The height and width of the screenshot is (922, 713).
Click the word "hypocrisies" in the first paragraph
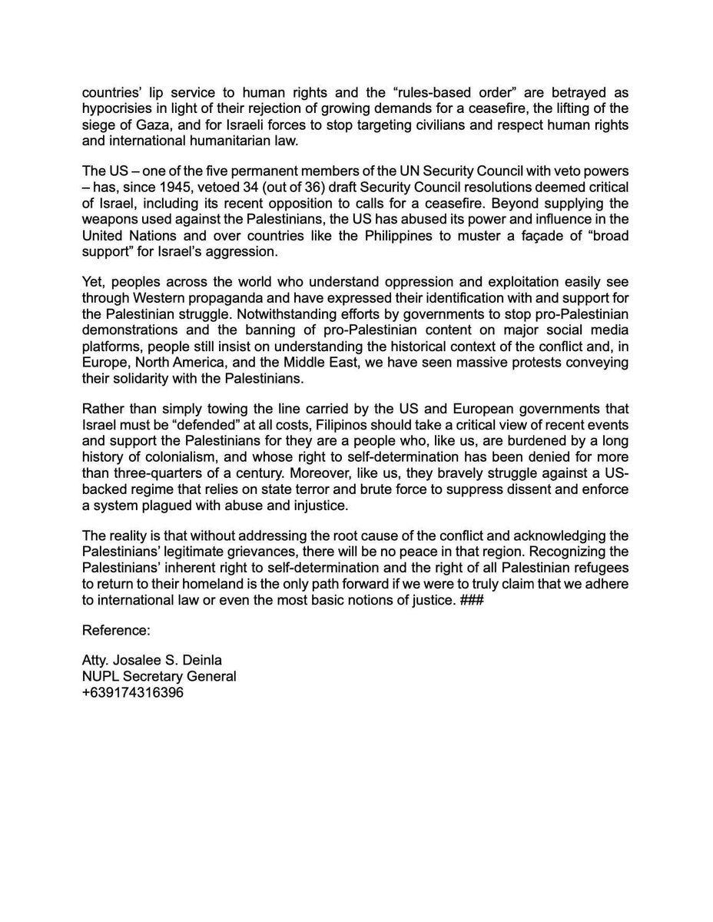(x=116, y=106)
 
